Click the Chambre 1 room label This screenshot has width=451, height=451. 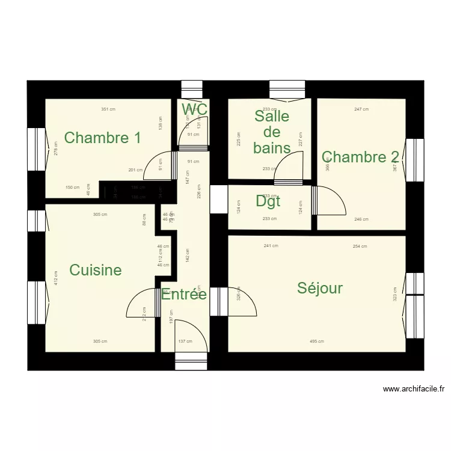coord(102,138)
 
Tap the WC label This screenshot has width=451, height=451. coord(195,109)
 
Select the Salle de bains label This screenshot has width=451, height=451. coord(272,132)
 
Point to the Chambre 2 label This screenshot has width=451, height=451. coord(361,158)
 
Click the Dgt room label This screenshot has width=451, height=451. coord(268,201)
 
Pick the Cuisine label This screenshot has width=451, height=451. coord(96,270)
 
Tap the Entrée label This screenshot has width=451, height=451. coord(184,295)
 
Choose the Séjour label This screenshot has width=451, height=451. coord(320,288)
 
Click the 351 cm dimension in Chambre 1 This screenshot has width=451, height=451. coord(108,109)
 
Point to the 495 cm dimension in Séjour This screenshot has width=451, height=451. coord(317,342)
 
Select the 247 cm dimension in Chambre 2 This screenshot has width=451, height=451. coord(361,109)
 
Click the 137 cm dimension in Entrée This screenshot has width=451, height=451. coord(185,342)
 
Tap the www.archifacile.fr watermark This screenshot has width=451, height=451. coord(414,389)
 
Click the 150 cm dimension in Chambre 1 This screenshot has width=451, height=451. coord(72,188)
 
